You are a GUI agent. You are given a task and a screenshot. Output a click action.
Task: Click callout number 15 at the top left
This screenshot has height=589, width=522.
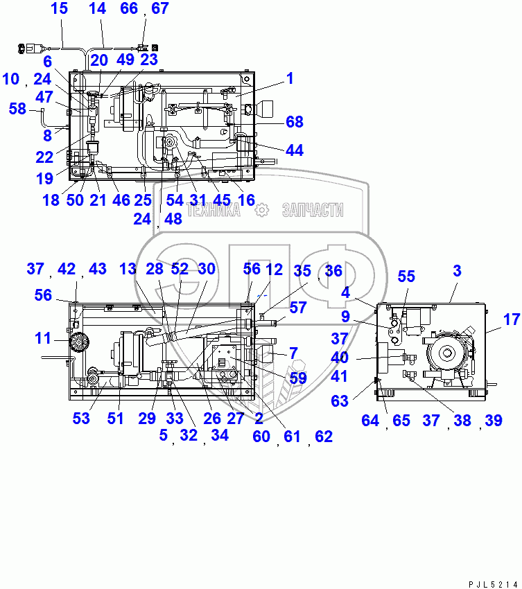coord(60,9)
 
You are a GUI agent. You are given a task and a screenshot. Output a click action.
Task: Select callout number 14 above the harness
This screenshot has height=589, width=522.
coord(98,9)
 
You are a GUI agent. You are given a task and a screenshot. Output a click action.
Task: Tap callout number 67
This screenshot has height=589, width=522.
coord(159,9)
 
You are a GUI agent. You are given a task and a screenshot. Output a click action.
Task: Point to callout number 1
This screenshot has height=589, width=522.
coord(290,79)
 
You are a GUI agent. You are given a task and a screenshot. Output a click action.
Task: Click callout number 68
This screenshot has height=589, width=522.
coord(295,122)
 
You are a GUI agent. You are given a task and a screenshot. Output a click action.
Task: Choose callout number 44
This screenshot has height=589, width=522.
coord(294,150)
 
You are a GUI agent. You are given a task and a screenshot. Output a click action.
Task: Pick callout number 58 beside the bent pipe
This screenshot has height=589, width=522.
coord(17,109)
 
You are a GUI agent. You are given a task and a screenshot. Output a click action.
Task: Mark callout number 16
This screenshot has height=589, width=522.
coord(246,200)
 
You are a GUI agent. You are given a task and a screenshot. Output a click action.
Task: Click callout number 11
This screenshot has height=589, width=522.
coord(43,339)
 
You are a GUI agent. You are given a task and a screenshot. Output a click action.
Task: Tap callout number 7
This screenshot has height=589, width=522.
coord(293,354)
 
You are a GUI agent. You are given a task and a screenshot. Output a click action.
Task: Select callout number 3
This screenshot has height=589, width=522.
coord(457,271)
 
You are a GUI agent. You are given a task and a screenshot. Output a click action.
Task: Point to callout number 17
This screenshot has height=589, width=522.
coord(511,319)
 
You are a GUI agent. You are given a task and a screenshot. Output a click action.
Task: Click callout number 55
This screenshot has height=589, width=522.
coord(406,277)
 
